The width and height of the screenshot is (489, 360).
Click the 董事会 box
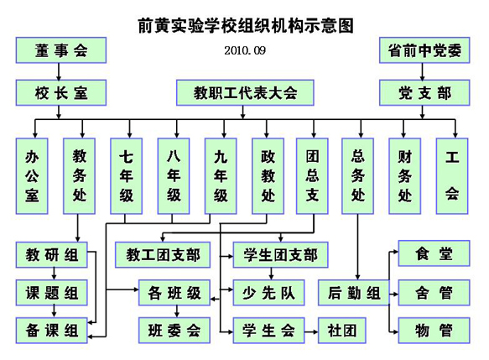51,50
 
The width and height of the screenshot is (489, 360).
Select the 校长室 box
51,91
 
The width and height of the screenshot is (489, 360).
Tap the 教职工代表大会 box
245,91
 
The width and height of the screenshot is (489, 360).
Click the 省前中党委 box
424,50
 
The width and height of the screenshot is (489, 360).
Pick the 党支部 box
424,91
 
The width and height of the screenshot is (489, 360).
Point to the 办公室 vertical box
33,175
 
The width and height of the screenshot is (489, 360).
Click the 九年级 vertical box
221,175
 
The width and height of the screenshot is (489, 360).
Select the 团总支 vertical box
312,175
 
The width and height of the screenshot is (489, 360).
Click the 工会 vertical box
452,175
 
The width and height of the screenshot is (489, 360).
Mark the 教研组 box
51,254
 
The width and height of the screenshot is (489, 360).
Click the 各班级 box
174,293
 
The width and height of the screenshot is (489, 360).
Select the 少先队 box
268,293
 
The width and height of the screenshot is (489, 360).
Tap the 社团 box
341,331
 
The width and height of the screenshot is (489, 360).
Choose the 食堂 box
434,253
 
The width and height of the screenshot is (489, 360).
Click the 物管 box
434,331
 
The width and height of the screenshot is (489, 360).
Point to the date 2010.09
245,51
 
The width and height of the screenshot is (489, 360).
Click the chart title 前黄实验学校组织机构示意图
245,25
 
